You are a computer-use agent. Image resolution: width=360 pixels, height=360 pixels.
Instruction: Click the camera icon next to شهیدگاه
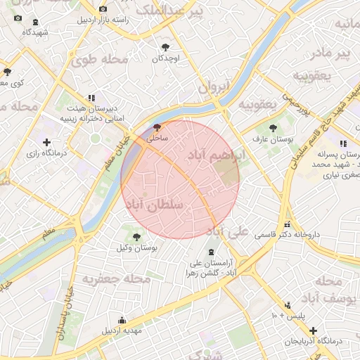tap(18, 19)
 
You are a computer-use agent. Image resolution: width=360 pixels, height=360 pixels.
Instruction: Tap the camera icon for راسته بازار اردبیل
tap(103, 9)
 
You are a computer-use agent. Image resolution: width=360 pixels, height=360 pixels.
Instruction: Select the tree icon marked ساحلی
tap(156, 127)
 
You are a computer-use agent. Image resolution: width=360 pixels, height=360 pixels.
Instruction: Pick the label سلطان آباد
tap(156, 205)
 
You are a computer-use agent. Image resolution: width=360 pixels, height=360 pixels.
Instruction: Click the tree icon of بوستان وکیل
tap(136, 236)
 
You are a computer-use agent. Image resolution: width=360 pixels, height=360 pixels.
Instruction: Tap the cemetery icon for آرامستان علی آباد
tap(212, 252)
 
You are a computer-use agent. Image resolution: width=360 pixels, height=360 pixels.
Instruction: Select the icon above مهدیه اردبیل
tap(122, 320)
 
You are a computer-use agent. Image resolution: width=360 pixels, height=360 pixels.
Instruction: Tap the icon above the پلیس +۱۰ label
tap(287, 305)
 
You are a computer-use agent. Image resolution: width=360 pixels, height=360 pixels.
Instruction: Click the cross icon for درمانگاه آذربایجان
tap(313, 330)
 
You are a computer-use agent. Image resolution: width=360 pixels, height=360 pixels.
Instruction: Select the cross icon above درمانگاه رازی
tap(46, 142)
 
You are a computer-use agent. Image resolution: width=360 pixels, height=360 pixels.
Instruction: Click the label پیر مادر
tap(332, 53)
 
